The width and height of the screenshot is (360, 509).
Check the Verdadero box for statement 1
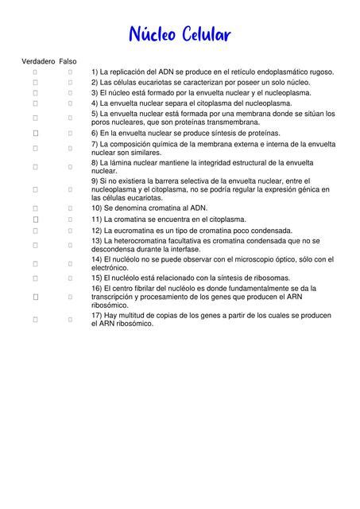36,72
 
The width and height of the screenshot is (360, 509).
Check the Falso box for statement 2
70,82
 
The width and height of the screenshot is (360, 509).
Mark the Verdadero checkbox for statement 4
36,103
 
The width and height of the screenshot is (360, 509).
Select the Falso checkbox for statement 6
70,133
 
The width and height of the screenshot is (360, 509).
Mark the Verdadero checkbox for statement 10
36,208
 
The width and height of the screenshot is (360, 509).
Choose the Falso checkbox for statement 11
70,219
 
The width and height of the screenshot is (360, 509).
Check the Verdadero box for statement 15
36,278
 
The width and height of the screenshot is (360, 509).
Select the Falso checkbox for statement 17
70,319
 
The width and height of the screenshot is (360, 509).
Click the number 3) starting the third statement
95,92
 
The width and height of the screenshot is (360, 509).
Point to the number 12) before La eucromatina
97,230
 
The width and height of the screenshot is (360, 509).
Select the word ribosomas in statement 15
264,278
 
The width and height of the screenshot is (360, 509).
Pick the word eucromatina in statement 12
137,230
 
